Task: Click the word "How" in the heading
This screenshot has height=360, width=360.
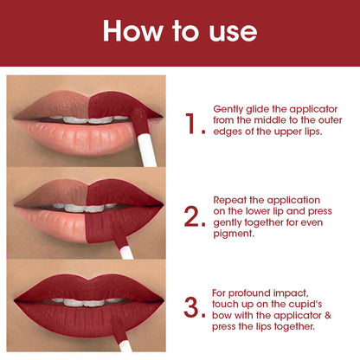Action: click(x=133, y=31)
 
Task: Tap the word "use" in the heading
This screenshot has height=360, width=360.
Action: click(x=233, y=33)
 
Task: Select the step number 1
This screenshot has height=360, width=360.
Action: click(x=191, y=124)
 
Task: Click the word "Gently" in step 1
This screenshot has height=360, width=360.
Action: click(x=228, y=110)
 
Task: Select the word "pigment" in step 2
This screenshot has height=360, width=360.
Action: click(x=233, y=234)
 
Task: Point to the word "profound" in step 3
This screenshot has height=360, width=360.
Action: click(x=249, y=293)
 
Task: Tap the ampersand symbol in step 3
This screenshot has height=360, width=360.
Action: click(x=328, y=315)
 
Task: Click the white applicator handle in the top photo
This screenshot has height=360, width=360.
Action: click(x=147, y=151)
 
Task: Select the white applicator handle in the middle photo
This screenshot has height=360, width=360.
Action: click(x=126, y=252)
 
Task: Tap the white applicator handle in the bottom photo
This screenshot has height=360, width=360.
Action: click(x=125, y=346)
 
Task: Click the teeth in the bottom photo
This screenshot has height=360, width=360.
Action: click(x=87, y=302)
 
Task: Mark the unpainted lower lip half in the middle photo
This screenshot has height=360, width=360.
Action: click(x=51, y=222)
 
